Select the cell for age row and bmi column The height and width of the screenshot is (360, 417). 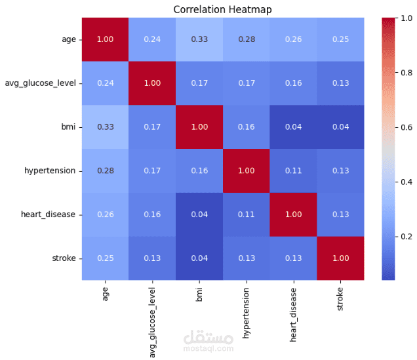[x=199, y=39]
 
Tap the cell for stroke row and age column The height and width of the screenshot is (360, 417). [x=104, y=258]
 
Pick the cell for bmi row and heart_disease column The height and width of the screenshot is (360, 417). [x=294, y=127]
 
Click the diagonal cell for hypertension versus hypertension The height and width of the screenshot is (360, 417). [x=247, y=170]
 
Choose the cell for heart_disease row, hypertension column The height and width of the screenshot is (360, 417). [x=247, y=214]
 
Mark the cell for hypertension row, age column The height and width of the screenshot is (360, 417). [x=104, y=170]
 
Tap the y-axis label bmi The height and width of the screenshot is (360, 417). [x=69, y=127]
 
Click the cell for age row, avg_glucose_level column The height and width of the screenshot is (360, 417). [x=151, y=39]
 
